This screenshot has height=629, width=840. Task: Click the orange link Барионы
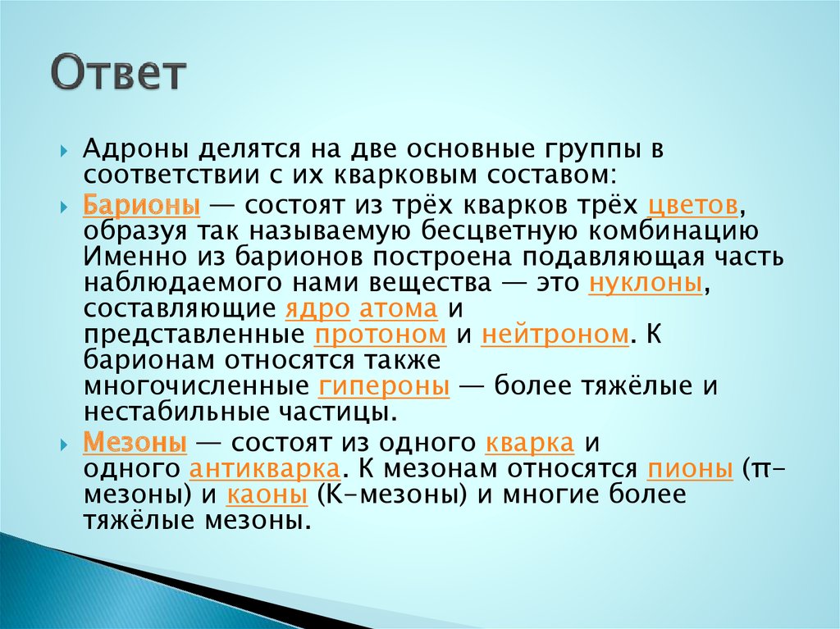tap(136, 205)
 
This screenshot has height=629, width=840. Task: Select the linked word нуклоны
tap(646, 284)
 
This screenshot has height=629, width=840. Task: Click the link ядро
tap(318, 310)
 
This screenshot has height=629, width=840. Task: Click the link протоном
tap(380, 335)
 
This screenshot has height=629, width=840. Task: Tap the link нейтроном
tap(554, 335)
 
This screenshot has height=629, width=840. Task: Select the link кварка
tap(528, 444)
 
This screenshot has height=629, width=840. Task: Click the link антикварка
tap(264, 470)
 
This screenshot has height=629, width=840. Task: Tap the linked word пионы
tap(689, 470)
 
